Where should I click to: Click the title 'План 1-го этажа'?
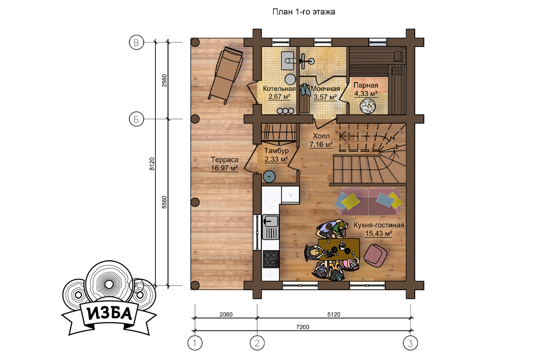click(x=304, y=12)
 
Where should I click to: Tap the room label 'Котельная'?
click(x=279, y=89)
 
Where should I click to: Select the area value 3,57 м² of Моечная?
click(x=325, y=97)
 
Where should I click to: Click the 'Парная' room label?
click(x=366, y=85)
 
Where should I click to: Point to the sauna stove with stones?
click(x=368, y=106)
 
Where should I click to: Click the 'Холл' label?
click(x=321, y=136)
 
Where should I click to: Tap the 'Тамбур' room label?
click(x=276, y=151)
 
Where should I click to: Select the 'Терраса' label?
click(x=224, y=160)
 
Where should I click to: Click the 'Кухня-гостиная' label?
click(x=379, y=225)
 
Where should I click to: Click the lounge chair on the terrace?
click(x=225, y=75)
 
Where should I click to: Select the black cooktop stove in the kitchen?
click(x=271, y=259)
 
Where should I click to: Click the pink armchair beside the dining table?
click(x=375, y=255)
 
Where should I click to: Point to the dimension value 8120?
click(x=152, y=164)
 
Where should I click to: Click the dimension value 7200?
click(x=303, y=327)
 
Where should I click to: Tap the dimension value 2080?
click(x=226, y=315)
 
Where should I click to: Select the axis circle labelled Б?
click(x=136, y=119)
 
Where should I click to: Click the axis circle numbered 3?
click(x=410, y=343)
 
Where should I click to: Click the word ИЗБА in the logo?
click(x=110, y=313)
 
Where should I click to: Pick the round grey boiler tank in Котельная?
click(x=290, y=79)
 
